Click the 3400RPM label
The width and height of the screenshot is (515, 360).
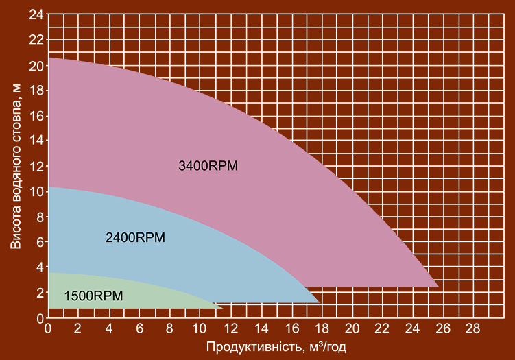[x=208, y=165]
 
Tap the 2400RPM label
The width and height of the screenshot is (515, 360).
[x=135, y=237]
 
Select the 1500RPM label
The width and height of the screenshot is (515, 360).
[x=94, y=296]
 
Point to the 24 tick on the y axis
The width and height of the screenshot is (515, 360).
[x=36, y=14]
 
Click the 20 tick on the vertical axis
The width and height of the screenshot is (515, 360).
[x=36, y=66]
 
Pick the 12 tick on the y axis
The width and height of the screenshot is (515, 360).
[x=36, y=167]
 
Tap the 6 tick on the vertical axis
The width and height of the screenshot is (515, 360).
[x=40, y=243]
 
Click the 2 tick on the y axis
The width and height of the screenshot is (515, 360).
[x=40, y=293]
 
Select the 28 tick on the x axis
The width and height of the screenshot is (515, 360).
[x=472, y=328]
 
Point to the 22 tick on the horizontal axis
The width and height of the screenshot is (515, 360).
[x=382, y=328]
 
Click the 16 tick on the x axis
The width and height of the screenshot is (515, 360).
[x=291, y=328]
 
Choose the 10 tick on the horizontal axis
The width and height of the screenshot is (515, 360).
[x=199, y=328]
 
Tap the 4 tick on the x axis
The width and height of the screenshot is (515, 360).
[x=109, y=328]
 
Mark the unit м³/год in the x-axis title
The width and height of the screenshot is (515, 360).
[x=328, y=347]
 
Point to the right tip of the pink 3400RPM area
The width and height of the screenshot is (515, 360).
[x=438, y=287]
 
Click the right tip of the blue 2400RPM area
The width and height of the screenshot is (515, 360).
[x=320, y=302]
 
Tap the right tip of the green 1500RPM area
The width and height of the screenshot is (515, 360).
[x=223, y=308]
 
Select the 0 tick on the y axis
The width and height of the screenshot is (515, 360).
[x=40, y=318]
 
